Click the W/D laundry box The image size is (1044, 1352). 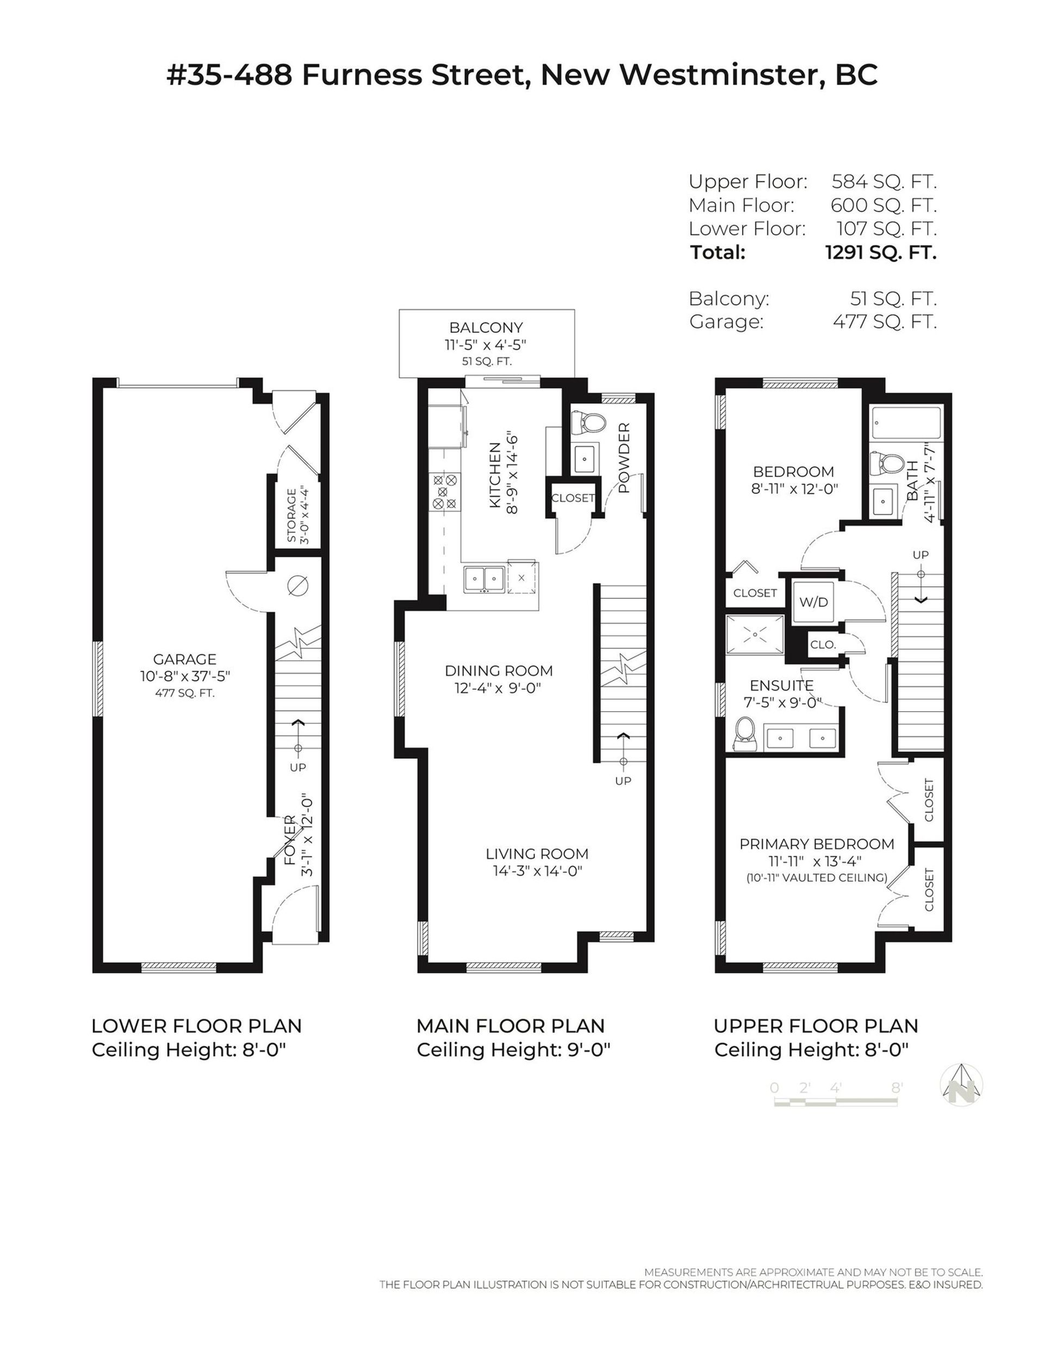click(813, 601)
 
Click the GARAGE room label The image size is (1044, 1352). click(185, 659)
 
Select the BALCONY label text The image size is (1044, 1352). click(486, 327)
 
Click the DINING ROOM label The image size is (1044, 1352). click(498, 671)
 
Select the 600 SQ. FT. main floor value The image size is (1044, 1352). click(883, 205)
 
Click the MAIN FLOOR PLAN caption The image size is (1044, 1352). click(510, 1026)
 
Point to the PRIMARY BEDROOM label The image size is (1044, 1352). click(816, 844)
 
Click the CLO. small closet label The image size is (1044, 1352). click(823, 644)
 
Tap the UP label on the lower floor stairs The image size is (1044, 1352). click(297, 767)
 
